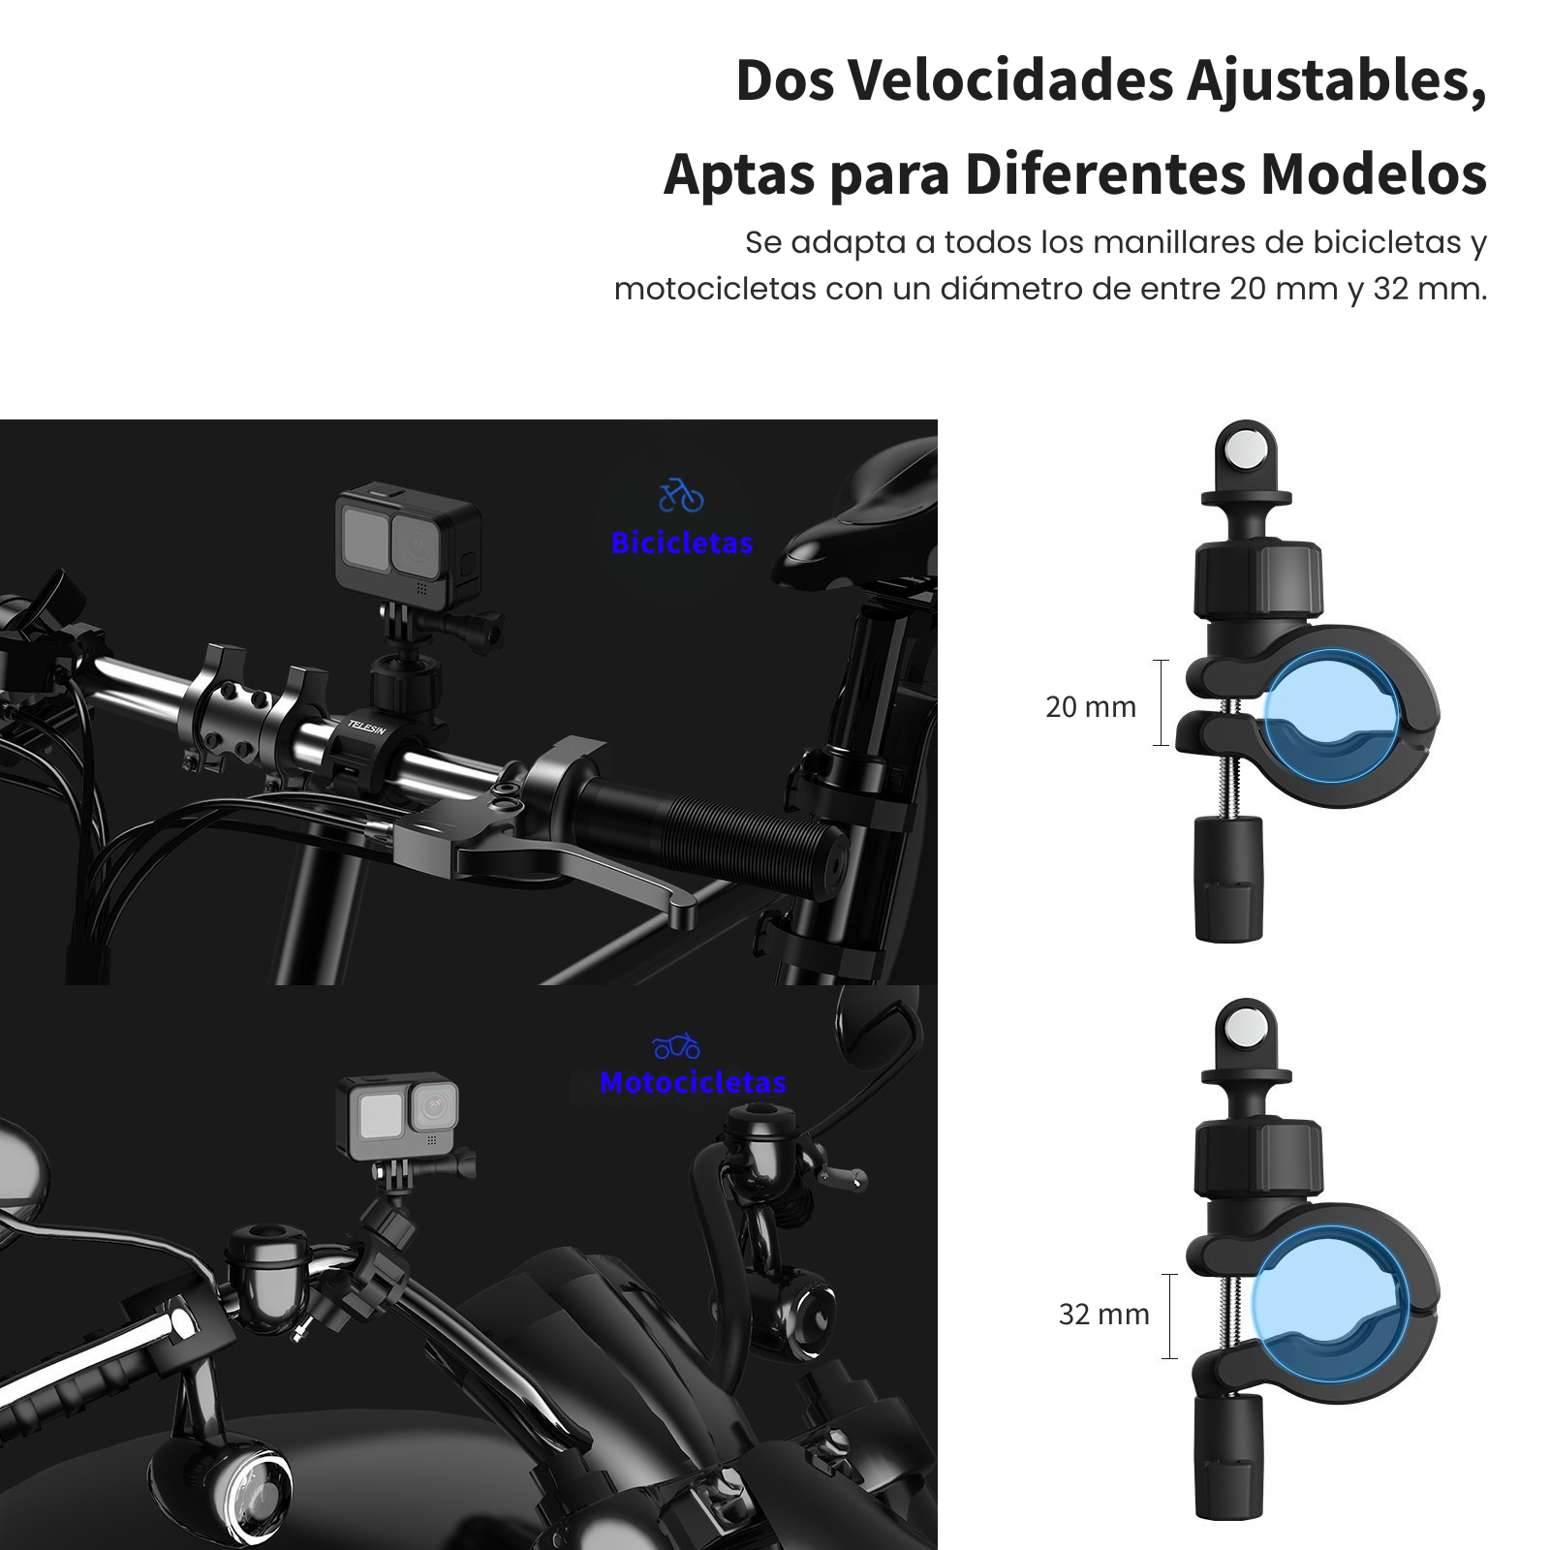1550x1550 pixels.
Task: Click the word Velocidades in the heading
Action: click(1011, 80)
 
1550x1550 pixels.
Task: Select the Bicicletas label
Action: click(682, 543)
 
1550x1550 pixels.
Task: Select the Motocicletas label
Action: click(693, 1082)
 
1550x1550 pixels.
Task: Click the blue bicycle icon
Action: click(681, 495)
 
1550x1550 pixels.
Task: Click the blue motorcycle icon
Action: click(676, 1046)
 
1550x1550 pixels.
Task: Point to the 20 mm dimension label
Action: click(1090, 707)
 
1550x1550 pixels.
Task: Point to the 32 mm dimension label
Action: click(1103, 1315)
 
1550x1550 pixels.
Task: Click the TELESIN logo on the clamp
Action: click(366, 727)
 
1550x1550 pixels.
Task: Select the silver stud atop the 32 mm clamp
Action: click(1246, 1024)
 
